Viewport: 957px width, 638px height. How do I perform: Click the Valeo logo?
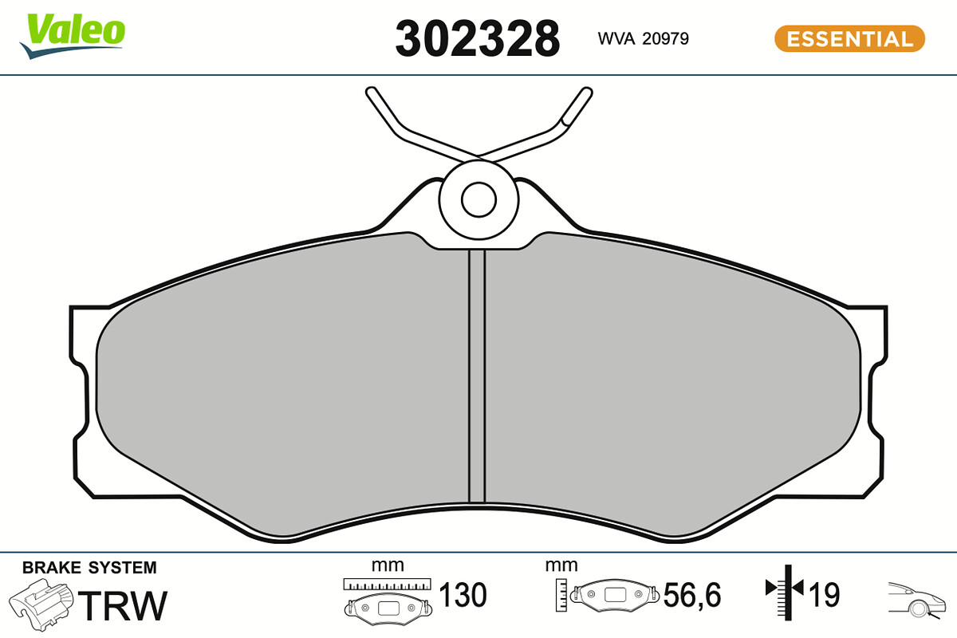72,36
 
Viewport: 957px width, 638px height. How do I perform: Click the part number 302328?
477,38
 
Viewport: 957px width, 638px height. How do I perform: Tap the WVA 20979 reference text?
643,38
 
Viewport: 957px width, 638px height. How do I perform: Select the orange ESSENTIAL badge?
849,38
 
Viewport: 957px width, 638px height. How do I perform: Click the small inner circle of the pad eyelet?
478,199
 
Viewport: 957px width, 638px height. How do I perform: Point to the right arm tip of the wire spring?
587,92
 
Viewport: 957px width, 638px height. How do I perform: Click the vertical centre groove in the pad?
477,376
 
